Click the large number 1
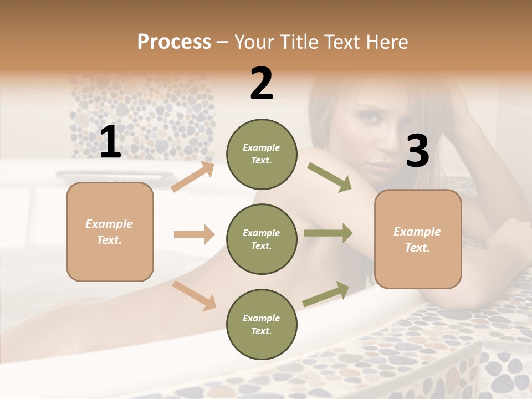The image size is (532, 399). tap(110, 142)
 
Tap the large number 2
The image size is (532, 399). tap(262, 84)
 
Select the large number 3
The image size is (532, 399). tap(417, 151)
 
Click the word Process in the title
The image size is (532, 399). tap(174, 42)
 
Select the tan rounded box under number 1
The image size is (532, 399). tap(110, 232)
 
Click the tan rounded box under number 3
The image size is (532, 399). tap(418, 239)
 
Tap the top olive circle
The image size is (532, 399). tap(261, 154)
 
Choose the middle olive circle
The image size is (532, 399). tap(261, 239)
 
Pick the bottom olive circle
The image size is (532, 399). tap(261, 324)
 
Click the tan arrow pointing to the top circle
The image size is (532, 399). tap(193, 177)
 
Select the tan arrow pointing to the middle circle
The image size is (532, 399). tap(194, 234)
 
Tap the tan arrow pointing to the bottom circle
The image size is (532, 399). tap(195, 295)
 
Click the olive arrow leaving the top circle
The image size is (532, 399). tap(329, 177)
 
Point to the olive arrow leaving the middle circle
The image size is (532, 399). tap(328, 233)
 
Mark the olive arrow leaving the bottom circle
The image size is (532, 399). tap(326, 294)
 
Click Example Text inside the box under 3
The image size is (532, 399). tap(417, 239)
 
